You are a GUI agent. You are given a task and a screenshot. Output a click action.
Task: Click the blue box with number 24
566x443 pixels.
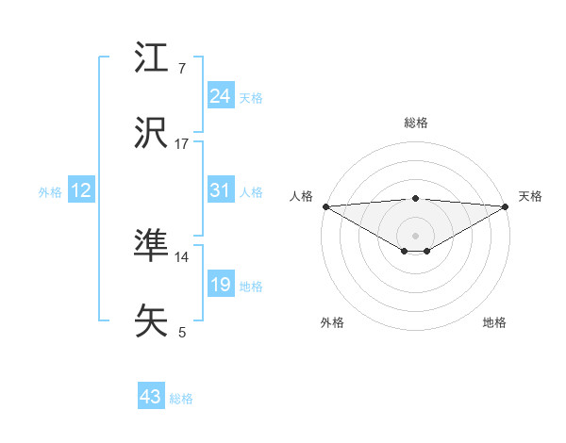point(220,96)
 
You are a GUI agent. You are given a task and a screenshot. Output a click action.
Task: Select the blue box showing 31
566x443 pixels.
point(220,190)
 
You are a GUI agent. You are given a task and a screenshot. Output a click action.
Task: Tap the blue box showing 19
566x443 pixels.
point(220,285)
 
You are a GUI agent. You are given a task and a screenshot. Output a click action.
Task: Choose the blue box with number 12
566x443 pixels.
point(80,190)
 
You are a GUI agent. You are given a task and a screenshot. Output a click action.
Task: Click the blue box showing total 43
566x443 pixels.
point(150,397)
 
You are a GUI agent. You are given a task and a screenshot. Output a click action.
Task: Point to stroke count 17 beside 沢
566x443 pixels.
point(182,144)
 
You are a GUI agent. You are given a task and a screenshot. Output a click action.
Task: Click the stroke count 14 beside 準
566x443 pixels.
point(182,256)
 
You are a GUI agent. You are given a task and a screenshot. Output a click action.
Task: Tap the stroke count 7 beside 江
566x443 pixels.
point(182,69)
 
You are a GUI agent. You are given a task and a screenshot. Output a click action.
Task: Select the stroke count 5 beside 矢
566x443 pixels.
point(182,332)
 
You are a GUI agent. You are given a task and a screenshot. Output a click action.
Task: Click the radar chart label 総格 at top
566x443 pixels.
point(416,123)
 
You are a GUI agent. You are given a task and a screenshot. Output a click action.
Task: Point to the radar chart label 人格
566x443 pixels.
point(301,196)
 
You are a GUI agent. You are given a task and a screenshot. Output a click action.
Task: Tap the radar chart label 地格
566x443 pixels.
point(494,322)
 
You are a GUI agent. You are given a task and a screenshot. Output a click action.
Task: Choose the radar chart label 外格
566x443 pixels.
point(332,322)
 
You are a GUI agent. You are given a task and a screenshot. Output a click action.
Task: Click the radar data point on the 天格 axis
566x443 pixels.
point(507,205)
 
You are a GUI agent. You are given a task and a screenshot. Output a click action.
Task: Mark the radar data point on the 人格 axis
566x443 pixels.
point(325,205)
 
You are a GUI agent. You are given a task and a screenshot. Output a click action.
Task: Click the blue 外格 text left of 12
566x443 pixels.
point(50,191)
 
